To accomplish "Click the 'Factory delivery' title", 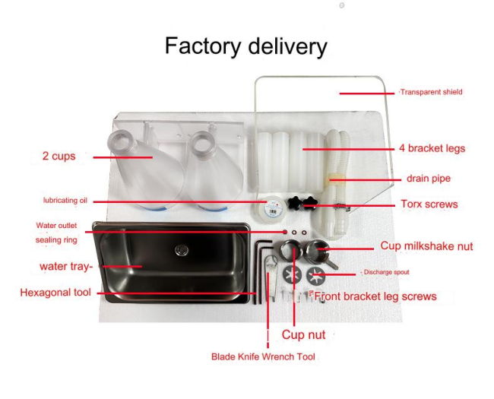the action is (x=246, y=46).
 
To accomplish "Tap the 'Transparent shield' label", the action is (x=432, y=92).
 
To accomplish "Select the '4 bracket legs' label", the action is (x=432, y=148).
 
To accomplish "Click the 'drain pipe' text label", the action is (x=429, y=179).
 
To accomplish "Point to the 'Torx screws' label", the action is (x=429, y=204).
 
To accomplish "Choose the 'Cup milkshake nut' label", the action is (x=426, y=245).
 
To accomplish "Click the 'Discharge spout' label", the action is (x=386, y=272).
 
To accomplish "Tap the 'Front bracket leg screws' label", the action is (x=375, y=296).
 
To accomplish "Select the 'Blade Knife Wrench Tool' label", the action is (x=263, y=356).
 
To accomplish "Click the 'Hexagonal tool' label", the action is (x=55, y=293).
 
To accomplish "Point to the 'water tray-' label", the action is (x=66, y=266).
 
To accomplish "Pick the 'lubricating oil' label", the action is (x=65, y=200).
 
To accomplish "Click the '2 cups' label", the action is (x=59, y=156).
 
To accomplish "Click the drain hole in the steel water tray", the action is (x=182, y=251).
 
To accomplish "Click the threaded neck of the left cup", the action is (x=122, y=142).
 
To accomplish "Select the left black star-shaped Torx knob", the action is (x=295, y=202).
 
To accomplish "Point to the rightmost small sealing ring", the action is (x=304, y=233).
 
